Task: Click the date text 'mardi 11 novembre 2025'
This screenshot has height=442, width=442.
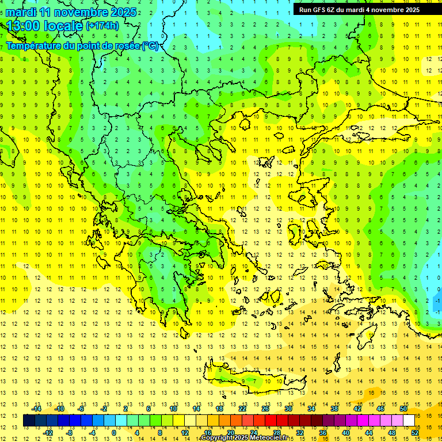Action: pyautogui.click(x=71, y=12)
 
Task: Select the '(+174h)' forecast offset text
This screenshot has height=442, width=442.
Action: pyautogui.click(x=102, y=26)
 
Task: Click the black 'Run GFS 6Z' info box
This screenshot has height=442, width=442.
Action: pyautogui.click(x=359, y=9)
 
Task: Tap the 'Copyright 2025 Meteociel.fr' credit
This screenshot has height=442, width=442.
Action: pyautogui.click(x=244, y=438)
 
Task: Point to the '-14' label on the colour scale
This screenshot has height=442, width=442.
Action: pyautogui.click(x=36, y=409)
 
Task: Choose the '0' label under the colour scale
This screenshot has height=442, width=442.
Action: pyautogui.click(x=114, y=433)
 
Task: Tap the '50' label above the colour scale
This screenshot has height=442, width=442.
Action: pyautogui.click(x=403, y=409)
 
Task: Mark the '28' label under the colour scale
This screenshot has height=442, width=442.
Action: pyautogui.click(x=276, y=433)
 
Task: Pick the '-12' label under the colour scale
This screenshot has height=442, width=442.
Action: pyautogui.click(x=48, y=433)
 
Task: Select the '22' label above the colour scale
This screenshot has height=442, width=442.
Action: pyautogui.click(x=242, y=409)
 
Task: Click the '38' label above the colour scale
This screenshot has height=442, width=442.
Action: pyautogui.click(x=334, y=409)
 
